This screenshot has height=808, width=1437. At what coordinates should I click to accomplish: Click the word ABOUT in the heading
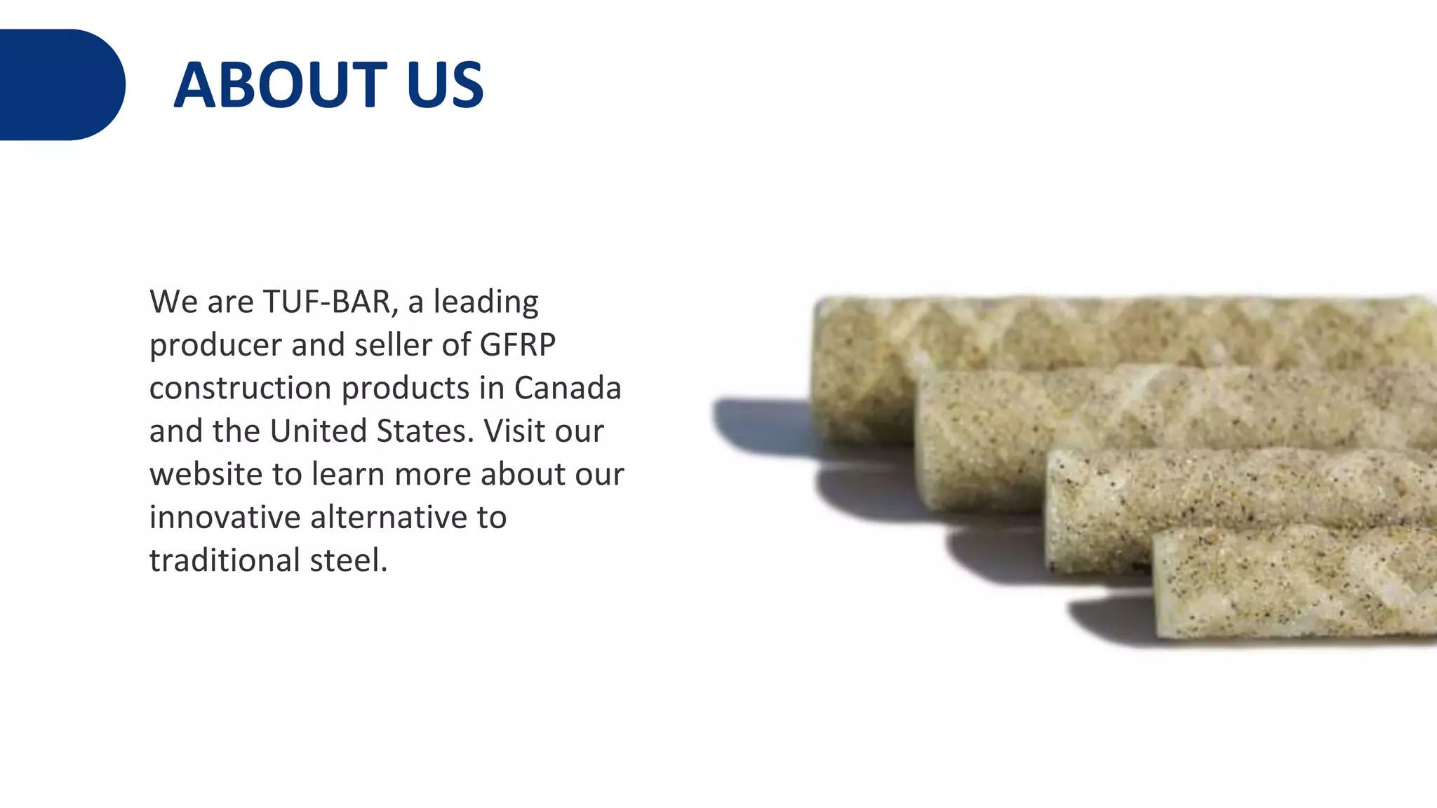(x=280, y=85)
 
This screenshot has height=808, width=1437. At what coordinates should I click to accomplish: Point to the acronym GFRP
(x=518, y=344)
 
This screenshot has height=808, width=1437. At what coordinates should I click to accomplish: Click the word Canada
(x=568, y=388)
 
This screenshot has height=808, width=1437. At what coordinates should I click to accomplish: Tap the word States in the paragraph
(x=425, y=431)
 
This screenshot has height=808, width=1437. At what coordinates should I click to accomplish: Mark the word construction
(x=240, y=388)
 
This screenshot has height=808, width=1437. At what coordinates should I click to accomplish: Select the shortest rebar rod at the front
(x=1291, y=582)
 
